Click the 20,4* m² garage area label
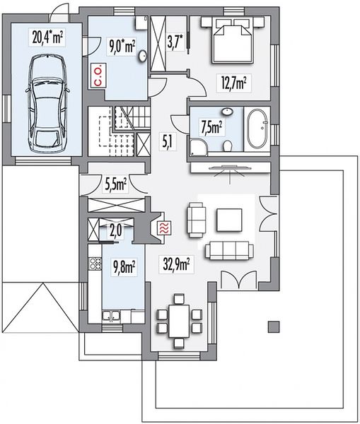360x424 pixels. click(x=47, y=37)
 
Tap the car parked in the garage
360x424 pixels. click(x=47, y=104)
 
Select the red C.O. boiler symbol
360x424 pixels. click(x=98, y=75)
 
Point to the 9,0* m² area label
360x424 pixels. click(x=122, y=46)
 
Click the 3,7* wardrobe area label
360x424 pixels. click(x=176, y=42)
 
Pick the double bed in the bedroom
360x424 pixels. click(x=233, y=40)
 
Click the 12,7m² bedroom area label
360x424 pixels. click(x=234, y=82)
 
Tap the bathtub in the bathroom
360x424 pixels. click(x=257, y=129)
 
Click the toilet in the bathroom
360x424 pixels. click(x=228, y=146)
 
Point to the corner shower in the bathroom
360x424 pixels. click(x=199, y=147)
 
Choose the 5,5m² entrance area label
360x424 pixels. click(x=115, y=184)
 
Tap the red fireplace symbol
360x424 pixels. click(x=165, y=228)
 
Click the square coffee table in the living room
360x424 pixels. click(x=229, y=220)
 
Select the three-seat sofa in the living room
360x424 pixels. click(x=230, y=251)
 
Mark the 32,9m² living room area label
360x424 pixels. click(x=176, y=264)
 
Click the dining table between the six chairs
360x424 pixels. click(x=179, y=321)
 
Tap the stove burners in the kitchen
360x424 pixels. click(x=95, y=264)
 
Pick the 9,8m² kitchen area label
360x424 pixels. click(x=123, y=267)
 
